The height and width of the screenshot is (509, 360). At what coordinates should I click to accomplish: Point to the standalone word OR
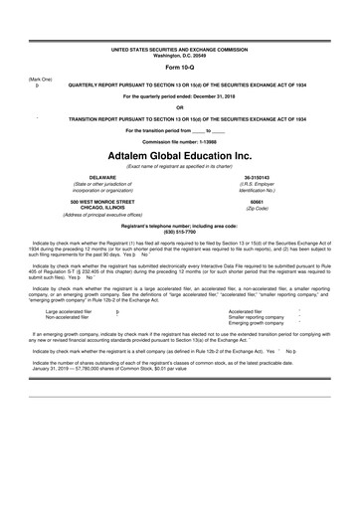pos(180,107)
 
